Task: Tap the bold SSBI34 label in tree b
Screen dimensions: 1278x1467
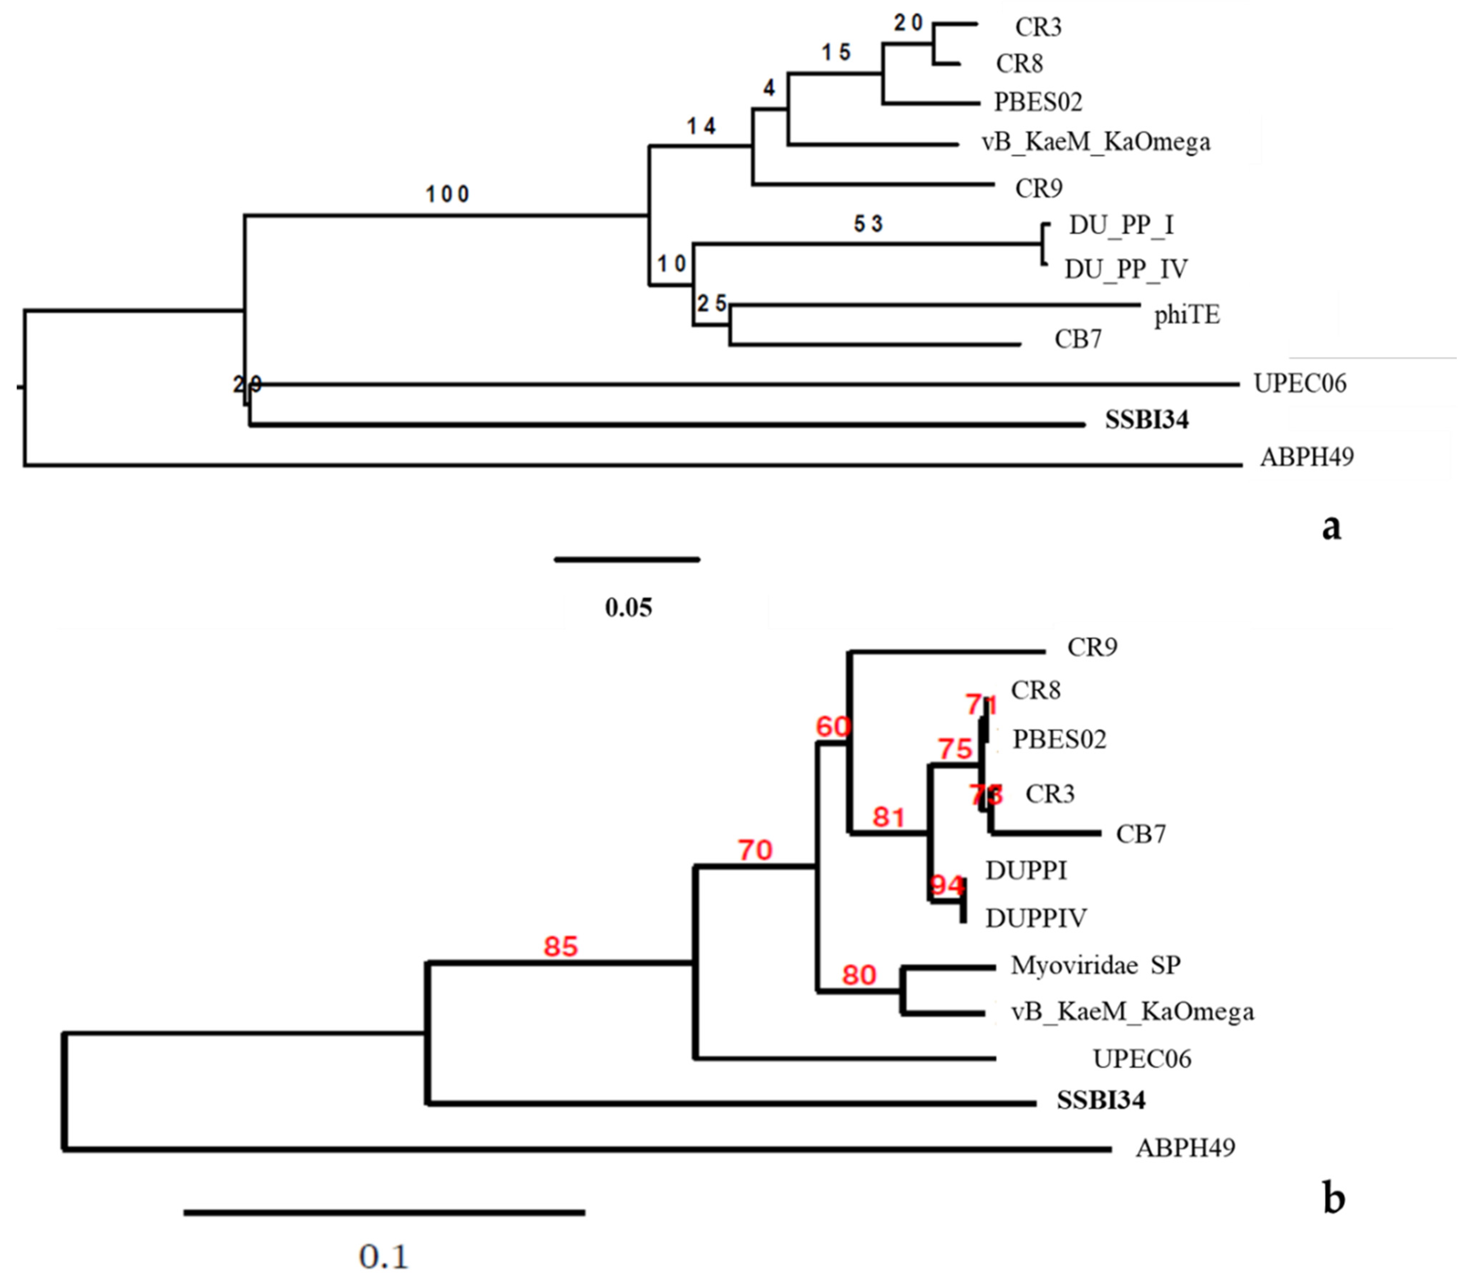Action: [1101, 1100]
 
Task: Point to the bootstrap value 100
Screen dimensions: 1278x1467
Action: [448, 194]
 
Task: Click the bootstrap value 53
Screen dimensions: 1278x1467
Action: [868, 225]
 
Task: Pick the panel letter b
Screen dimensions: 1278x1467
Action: [1333, 1198]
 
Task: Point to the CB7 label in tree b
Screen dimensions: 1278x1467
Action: [1141, 834]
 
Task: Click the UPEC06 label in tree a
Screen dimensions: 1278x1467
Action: [1300, 384]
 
